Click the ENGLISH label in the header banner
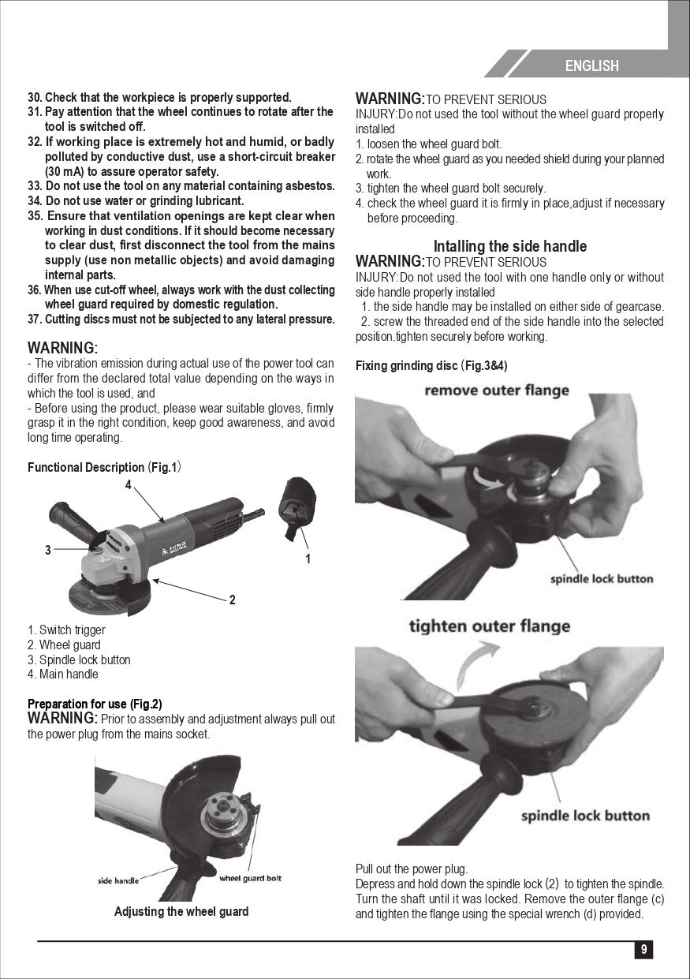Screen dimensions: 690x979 point(591,65)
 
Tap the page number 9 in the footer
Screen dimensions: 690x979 point(643,949)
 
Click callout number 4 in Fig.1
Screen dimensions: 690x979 point(128,484)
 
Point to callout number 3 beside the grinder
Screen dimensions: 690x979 point(47,550)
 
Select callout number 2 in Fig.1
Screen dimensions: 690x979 point(232,600)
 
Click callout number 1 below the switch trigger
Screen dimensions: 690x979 point(308,559)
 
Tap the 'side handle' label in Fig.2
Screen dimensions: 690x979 point(118,880)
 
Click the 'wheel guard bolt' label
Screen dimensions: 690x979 point(250,878)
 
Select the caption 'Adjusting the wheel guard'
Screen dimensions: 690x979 point(181,911)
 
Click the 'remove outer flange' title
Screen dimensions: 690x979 point(497,390)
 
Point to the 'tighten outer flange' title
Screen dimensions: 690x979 point(490,626)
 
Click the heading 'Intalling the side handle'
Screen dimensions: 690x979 point(510,246)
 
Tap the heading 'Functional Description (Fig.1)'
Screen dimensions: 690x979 point(104,467)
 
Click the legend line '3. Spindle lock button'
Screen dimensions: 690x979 point(79,660)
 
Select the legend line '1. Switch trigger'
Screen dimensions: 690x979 point(66,630)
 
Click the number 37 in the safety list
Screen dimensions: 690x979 point(34,319)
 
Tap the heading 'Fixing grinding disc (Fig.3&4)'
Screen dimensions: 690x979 point(431,365)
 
